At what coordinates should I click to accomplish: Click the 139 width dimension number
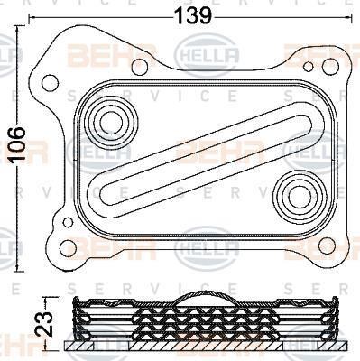pyautogui.click(x=192, y=14)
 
